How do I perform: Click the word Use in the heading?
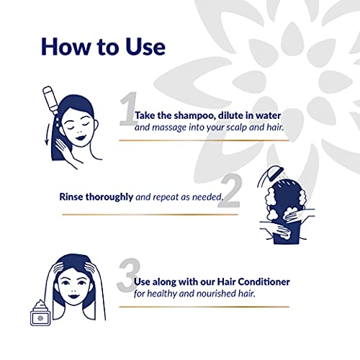(145, 47)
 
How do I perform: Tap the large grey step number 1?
(128, 109)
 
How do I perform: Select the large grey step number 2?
(230, 191)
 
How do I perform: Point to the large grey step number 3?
(129, 275)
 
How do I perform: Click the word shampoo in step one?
(194, 116)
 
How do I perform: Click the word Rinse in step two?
(71, 197)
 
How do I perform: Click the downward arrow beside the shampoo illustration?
(47, 135)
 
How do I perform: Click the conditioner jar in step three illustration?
(40, 313)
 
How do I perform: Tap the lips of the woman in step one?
(80, 138)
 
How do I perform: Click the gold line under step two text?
(150, 215)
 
